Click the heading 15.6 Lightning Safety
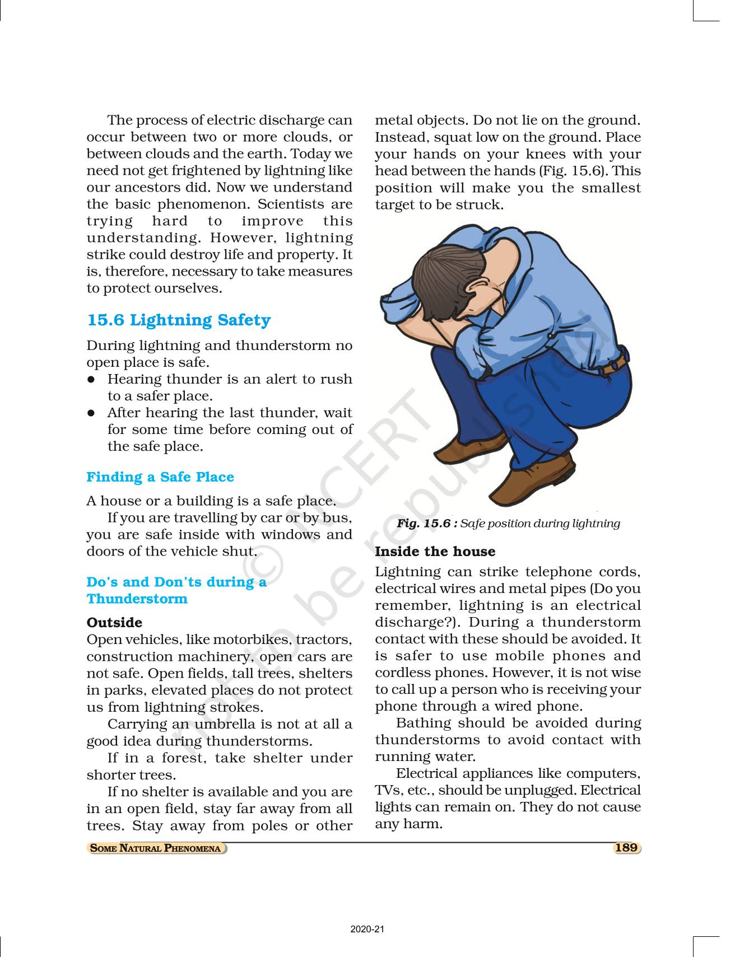(x=179, y=320)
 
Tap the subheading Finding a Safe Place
(x=160, y=477)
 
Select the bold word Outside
(x=114, y=623)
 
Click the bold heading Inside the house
(x=435, y=552)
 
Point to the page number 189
(x=626, y=848)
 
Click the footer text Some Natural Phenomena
(x=156, y=848)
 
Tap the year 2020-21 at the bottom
(x=367, y=930)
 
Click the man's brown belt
(x=613, y=367)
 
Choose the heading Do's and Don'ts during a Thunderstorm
(x=176, y=590)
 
